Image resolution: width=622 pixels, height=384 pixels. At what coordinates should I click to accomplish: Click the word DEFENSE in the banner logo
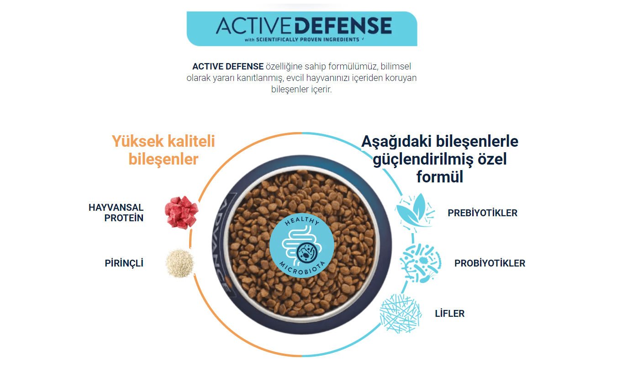(343, 26)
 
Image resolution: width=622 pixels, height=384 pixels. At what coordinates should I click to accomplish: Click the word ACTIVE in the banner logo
(255, 26)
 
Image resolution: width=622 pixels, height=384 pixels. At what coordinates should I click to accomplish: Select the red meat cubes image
(181, 213)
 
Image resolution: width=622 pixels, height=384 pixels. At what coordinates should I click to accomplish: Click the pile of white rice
(179, 263)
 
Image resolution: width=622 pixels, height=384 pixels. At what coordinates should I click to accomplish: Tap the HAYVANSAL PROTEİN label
(116, 213)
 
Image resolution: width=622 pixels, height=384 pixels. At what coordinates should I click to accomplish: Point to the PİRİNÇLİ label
(124, 263)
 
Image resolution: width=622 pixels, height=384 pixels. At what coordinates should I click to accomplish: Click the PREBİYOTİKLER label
(482, 213)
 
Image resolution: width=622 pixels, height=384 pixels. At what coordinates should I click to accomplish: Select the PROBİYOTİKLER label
(490, 263)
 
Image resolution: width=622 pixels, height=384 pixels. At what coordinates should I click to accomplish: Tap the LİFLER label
(449, 314)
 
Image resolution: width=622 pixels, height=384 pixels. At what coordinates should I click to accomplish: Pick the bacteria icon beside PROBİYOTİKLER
(421, 263)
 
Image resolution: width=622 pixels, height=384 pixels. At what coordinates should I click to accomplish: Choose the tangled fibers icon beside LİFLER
(401, 314)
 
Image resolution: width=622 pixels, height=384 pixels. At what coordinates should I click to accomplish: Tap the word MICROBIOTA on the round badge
(302, 269)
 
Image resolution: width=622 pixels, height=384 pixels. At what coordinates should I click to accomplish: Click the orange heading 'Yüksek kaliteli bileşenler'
(163, 150)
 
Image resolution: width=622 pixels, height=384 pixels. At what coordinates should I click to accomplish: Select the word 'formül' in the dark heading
(440, 177)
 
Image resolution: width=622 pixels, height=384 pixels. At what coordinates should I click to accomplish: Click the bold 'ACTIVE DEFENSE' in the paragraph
(228, 66)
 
